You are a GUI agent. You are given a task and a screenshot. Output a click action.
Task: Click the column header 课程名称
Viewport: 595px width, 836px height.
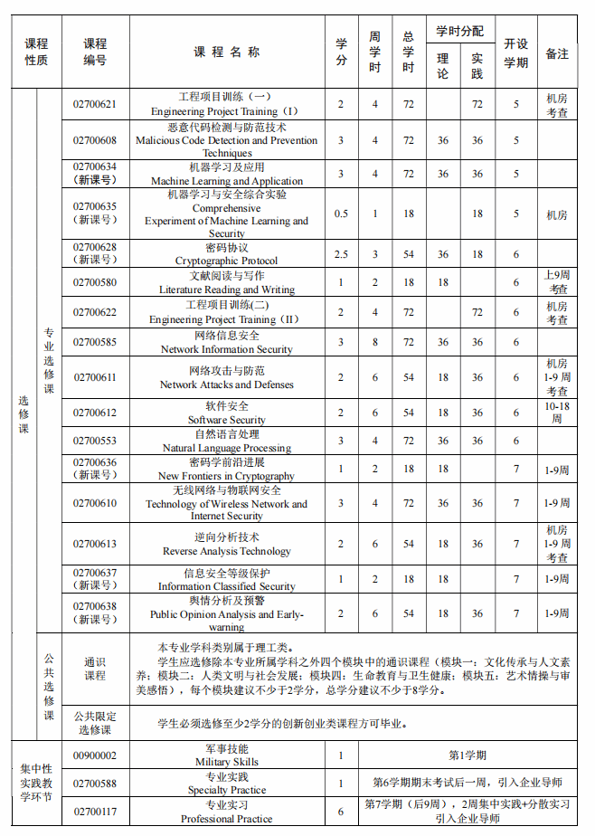click(227, 52)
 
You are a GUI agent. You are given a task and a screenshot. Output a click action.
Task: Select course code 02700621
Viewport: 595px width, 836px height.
click(95, 104)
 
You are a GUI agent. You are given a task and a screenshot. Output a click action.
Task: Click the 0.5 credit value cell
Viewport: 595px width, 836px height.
click(341, 214)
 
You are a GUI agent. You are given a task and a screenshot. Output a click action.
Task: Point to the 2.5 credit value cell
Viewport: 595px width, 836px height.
click(341, 254)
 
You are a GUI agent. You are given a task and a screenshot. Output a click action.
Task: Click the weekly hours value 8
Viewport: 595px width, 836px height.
click(375, 342)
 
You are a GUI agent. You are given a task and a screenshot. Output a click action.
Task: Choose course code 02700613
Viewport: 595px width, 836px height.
click(95, 544)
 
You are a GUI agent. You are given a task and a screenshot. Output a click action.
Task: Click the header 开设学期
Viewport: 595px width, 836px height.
click(516, 52)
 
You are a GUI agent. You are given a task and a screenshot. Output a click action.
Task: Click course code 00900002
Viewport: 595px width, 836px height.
click(95, 755)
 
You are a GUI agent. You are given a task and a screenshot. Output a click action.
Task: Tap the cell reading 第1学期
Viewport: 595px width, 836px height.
click(467, 755)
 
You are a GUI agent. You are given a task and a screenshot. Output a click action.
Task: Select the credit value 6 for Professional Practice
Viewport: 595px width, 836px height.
click(341, 812)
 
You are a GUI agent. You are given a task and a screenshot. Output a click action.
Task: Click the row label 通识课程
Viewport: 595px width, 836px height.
click(95, 669)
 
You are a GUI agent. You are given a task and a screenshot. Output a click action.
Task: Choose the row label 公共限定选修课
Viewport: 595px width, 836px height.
click(95, 723)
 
